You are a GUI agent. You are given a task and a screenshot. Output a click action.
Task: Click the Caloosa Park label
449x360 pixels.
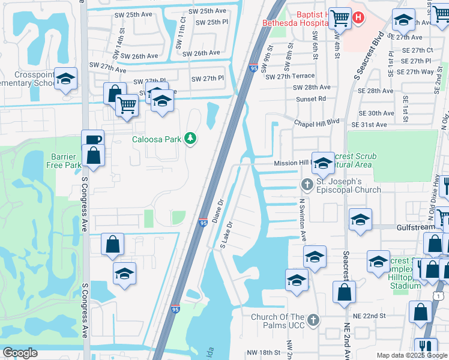157,139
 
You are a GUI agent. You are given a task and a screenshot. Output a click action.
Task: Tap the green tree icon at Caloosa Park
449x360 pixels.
190,139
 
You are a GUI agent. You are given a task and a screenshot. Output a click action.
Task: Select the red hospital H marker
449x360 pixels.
358,17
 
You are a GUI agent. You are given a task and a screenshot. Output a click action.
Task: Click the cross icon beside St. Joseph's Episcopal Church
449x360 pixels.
307,184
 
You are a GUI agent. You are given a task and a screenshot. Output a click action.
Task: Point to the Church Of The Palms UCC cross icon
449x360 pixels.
313,320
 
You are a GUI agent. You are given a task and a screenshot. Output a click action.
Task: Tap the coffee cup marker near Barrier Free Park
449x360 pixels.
93,140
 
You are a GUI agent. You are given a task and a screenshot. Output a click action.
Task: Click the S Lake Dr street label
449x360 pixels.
226,235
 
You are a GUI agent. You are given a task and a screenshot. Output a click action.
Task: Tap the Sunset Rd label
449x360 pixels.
313,98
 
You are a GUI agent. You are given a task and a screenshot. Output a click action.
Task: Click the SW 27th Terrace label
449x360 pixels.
290,76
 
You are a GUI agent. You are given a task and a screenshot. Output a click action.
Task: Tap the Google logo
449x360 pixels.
20,353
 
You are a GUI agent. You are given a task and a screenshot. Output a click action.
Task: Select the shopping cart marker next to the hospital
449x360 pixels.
340,17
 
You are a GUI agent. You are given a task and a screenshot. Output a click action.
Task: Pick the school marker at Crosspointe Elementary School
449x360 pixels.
65,79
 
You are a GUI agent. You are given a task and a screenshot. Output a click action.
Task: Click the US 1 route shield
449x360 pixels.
439,296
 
